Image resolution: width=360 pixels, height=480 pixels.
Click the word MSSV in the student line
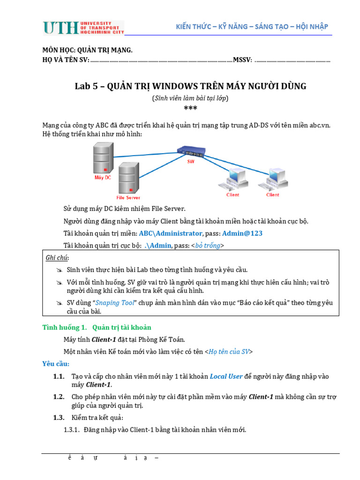click(243, 60)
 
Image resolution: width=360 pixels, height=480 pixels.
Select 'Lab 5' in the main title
click(89, 86)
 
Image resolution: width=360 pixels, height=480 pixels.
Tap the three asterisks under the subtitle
click(190, 109)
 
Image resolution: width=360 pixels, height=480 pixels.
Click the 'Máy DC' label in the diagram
click(103, 178)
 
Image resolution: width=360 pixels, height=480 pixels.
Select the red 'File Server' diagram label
click(128, 197)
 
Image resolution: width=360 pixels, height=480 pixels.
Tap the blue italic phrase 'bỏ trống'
click(208, 246)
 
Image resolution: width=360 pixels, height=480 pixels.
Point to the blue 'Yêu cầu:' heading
click(56, 364)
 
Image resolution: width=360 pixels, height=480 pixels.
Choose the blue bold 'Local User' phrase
click(226, 376)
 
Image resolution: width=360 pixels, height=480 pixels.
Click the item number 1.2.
click(59, 397)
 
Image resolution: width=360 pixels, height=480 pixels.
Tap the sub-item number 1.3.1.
click(72, 430)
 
